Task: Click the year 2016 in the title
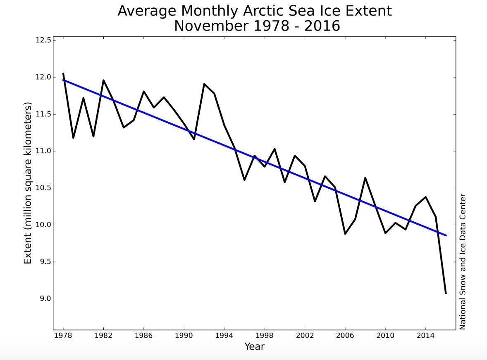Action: pyautogui.click(x=322, y=26)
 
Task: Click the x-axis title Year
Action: pyautogui.click(x=254, y=346)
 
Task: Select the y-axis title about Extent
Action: pyautogui.click(x=28, y=184)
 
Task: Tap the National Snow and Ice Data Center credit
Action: pyautogui.click(x=463, y=262)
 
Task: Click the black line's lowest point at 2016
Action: pyautogui.click(x=446, y=293)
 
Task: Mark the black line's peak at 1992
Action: pyautogui.click(x=204, y=84)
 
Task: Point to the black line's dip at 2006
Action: pyautogui.click(x=345, y=234)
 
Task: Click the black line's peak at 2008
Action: pyautogui.click(x=365, y=178)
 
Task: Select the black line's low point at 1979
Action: pyautogui.click(x=73, y=138)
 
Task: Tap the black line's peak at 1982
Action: pyautogui.click(x=103, y=80)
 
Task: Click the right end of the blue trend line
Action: pyautogui.click(x=446, y=235)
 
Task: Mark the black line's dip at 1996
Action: pyautogui.click(x=244, y=180)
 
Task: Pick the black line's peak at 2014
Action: pyautogui.click(x=425, y=197)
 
